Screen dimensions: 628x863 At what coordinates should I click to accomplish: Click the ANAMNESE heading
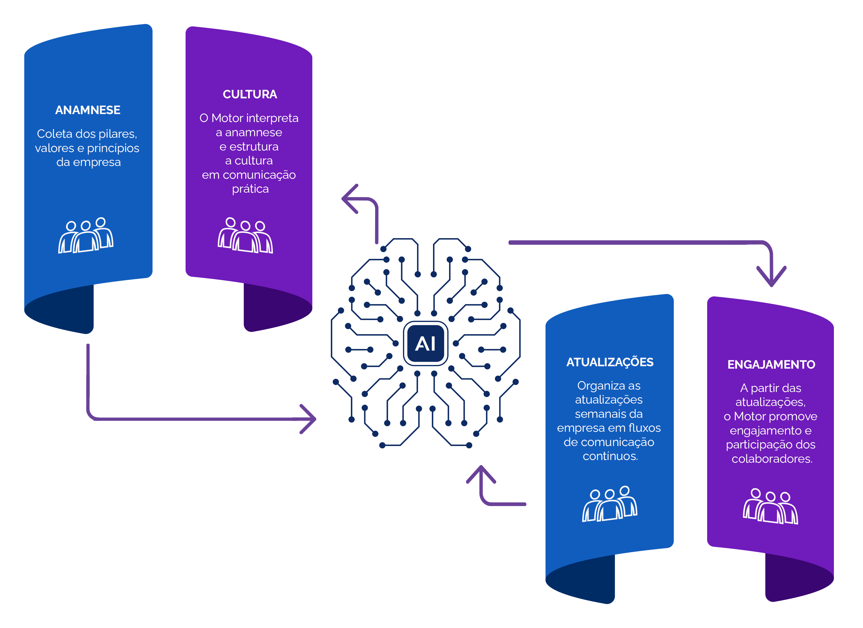pos(88,110)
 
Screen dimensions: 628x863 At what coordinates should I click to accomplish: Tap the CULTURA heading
pos(250,94)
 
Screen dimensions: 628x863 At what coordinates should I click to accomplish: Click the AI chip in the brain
pos(425,343)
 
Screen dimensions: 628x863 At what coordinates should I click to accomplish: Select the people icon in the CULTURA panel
pos(245,236)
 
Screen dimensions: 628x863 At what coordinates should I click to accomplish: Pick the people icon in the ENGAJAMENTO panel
pos(770,507)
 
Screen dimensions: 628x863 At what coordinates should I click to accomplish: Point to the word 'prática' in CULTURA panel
pos(250,189)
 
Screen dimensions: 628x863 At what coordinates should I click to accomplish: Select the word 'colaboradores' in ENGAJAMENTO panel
pos(772,459)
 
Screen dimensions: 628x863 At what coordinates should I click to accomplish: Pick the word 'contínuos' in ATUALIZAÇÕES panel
pos(610,456)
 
